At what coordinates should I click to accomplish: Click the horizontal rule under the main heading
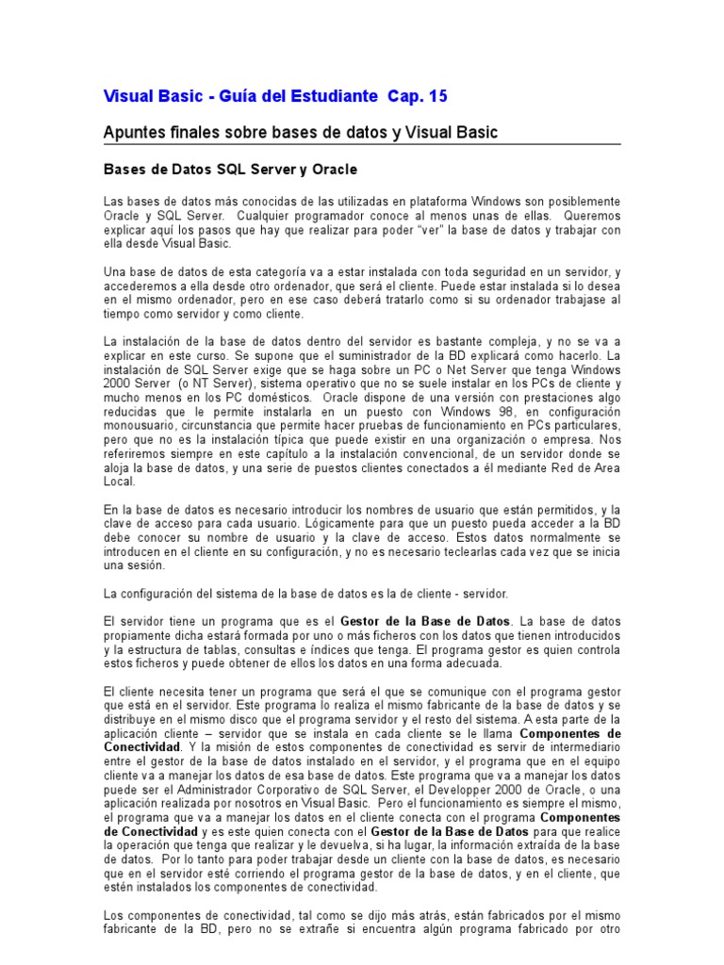coord(362,144)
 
